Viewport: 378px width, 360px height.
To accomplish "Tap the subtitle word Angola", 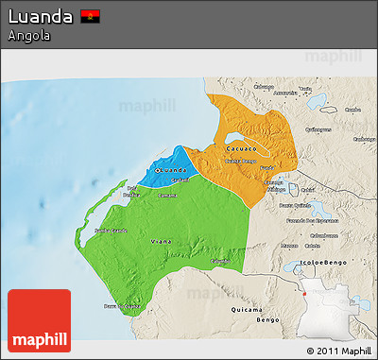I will [28, 36].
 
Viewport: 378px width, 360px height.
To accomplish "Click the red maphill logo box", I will [39, 321].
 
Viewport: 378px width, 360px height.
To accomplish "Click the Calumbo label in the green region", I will [220, 259].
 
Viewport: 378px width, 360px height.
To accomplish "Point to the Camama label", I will [167, 195].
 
